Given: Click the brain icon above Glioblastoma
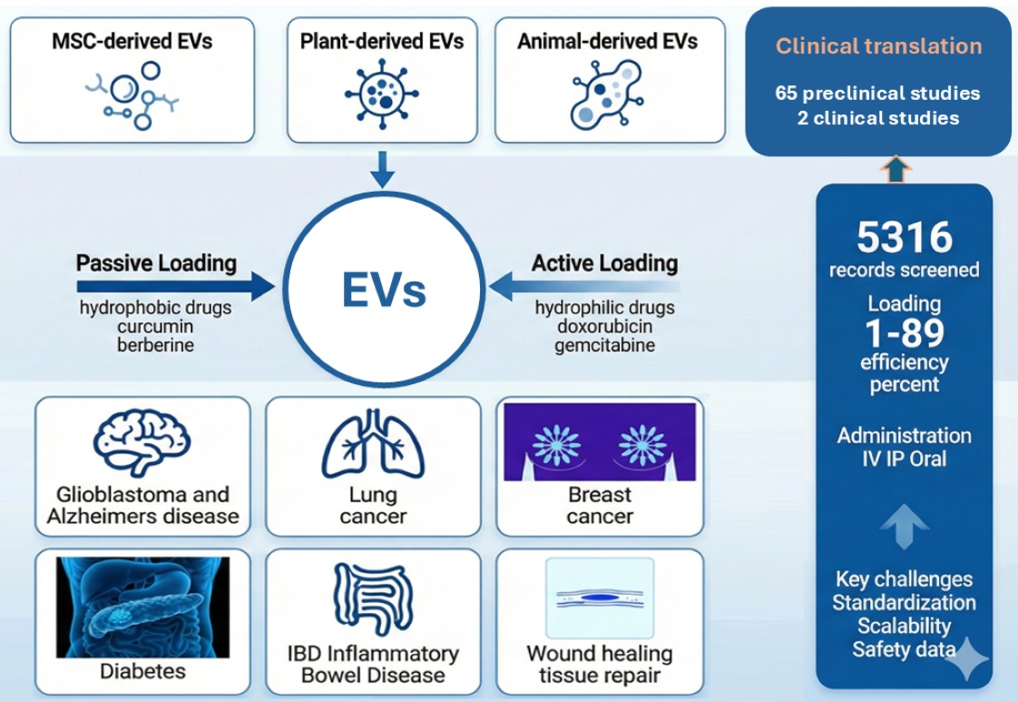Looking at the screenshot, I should tap(142, 442).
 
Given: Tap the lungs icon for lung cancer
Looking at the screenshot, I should tap(372, 444).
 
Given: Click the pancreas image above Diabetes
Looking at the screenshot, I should tap(142, 607).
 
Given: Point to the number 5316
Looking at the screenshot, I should tap(905, 238).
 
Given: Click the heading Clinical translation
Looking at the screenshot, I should tap(878, 46).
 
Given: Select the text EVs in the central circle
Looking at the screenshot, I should tap(384, 291).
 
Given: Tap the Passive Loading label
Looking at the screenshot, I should tap(156, 263).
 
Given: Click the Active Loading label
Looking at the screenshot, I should tap(604, 263).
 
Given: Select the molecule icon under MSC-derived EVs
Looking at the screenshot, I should tap(132, 95).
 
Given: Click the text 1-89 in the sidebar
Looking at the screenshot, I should tap(905, 334).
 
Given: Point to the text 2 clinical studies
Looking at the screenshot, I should tap(877, 118).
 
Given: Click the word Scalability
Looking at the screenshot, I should tap(904, 626).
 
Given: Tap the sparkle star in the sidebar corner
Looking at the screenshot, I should tap(966, 659).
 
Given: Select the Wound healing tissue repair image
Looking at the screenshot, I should tap(599, 598).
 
